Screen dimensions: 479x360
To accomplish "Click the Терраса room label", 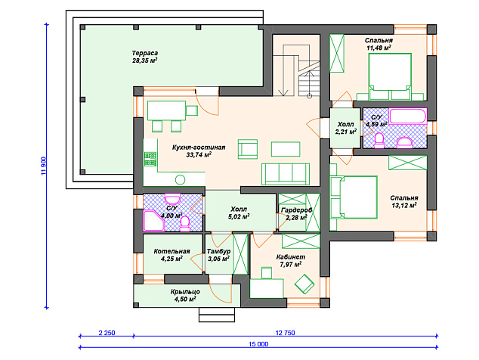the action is point(145,53).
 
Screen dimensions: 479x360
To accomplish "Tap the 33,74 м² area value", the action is point(199,155).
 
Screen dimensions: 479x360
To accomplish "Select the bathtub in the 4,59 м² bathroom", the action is point(407,116).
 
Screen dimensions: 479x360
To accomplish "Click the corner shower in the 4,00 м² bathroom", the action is point(154,221).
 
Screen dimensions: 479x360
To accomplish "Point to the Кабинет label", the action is point(291,257).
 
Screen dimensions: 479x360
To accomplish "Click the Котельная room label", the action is point(172,251).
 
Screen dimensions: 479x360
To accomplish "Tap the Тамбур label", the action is point(218,251).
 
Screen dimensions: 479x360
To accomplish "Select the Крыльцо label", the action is point(185,291).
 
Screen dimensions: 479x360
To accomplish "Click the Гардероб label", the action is point(296,210).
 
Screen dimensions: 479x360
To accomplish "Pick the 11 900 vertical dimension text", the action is point(43,166).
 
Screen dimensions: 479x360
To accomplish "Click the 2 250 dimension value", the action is point(107,333).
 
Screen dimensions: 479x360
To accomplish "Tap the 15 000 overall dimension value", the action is point(258,344).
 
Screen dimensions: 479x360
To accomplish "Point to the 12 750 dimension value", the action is point(285,333).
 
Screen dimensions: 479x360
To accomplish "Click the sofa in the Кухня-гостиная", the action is point(286,174).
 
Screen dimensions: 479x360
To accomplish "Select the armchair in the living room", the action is point(248,149).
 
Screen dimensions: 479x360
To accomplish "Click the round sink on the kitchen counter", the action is point(181,179).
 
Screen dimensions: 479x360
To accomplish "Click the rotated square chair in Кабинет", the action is point(304,284).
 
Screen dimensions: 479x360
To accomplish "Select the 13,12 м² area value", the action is point(404,206).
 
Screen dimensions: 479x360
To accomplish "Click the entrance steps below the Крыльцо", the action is point(217,315).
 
